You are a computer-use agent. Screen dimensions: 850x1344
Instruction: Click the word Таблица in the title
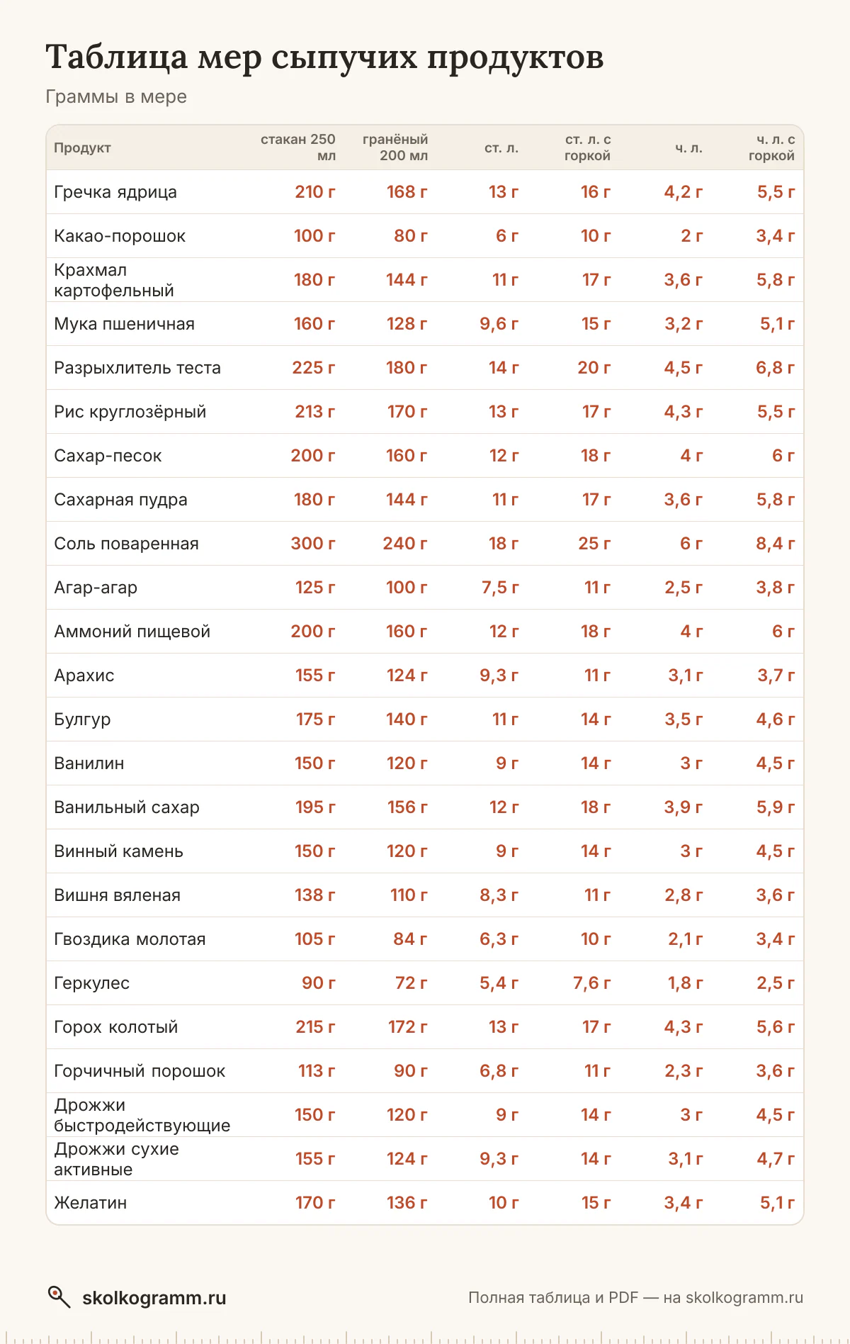tap(117, 57)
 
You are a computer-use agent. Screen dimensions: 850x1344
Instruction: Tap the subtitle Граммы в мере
tap(116, 96)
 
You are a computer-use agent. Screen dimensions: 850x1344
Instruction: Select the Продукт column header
tap(82, 147)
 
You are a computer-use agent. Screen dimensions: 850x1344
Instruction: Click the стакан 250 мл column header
tap(297, 147)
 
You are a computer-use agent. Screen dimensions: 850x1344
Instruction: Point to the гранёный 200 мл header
tap(395, 147)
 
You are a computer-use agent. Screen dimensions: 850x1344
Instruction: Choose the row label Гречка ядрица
tap(115, 192)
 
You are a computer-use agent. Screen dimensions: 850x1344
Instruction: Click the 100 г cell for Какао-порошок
tap(314, 236)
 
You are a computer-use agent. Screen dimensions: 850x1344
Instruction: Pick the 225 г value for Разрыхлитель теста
tap(314, 368)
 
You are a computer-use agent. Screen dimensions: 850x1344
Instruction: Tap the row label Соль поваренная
tap(126, 544)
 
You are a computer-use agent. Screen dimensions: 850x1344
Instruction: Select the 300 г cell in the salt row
tap(313, 544)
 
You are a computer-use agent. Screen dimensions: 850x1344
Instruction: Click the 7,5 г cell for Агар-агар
tap(500, 588)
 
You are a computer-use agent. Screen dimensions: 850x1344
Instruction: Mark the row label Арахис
tap(84, 676)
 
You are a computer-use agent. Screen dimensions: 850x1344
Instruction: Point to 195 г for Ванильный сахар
tap(315, 807)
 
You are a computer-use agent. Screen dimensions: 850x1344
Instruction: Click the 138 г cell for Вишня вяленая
tap(315, 895)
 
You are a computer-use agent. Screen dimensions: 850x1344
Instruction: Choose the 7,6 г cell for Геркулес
tap(591, 983)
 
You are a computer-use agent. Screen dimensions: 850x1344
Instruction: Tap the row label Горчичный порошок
tap(140, 1071)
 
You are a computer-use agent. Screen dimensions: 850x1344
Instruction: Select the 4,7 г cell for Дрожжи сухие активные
tap(776, 1159)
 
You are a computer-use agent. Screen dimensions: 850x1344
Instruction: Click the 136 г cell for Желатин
tap(407, 1203)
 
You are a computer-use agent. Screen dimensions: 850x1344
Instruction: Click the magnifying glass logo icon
tap(59, 1297)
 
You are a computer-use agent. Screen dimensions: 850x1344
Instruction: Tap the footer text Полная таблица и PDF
tap(552, 1298)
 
